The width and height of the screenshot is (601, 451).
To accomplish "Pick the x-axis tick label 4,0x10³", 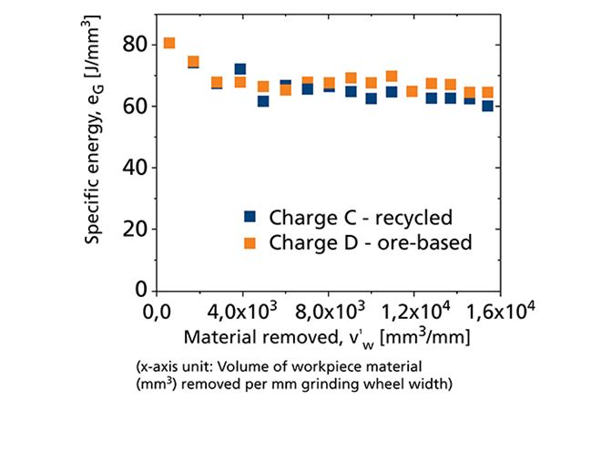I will point(241,313).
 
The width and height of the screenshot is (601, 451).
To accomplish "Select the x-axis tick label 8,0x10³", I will point(326,313).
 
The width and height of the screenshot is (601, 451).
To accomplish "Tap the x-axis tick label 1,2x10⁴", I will point(410,313).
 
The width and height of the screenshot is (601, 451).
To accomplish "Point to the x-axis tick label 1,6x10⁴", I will point(492,313).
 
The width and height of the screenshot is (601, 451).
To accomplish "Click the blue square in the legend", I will point(250,217).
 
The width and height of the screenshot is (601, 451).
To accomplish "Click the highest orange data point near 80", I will point(168,43).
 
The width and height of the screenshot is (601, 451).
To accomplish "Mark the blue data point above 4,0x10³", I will point(240,69).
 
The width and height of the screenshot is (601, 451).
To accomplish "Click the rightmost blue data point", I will point(488,106).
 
